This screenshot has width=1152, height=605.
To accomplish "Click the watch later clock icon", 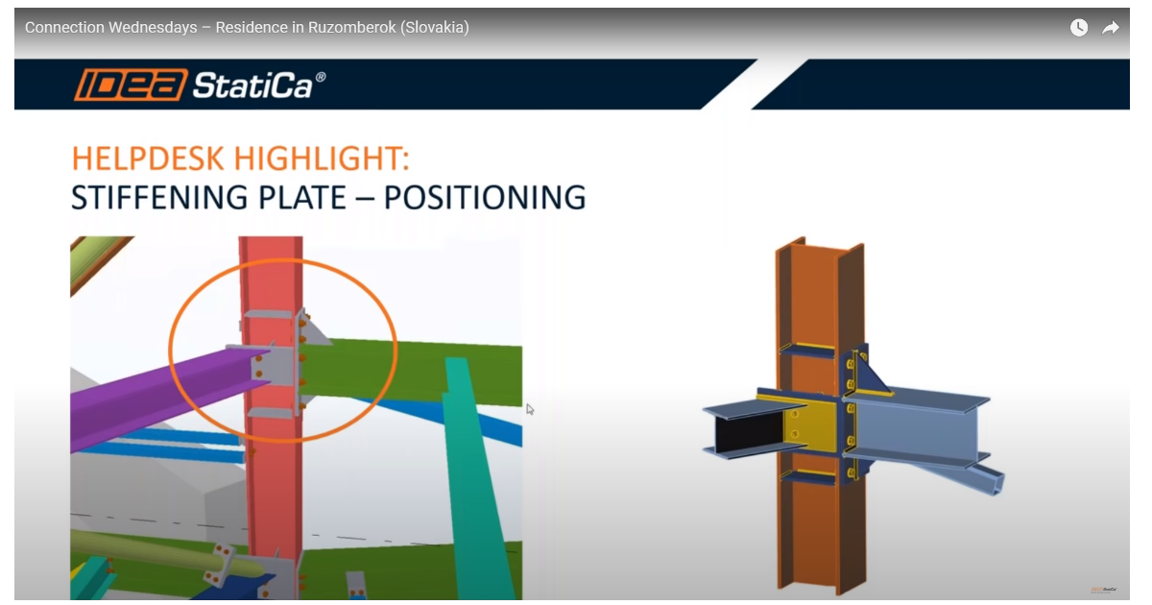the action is [x=1079, y=27].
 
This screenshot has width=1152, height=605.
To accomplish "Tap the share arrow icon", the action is [x=1111, y=27].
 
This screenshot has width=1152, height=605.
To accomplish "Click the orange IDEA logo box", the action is [x=132, y=85].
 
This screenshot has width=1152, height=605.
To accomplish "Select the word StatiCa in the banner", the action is [x=252, y=85].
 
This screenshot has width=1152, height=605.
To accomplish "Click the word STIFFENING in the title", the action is [x=159, y=197].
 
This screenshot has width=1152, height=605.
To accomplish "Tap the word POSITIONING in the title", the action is [x=485, y=197].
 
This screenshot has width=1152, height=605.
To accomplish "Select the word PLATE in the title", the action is [x=301, y=197].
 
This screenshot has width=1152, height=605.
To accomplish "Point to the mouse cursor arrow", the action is [x=530, y=409].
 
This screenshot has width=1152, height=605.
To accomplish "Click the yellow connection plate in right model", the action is [x=811, y=424].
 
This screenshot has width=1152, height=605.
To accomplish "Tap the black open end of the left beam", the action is [x=749, y=431].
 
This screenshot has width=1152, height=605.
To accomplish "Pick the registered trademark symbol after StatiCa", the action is [x=321, y=77].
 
